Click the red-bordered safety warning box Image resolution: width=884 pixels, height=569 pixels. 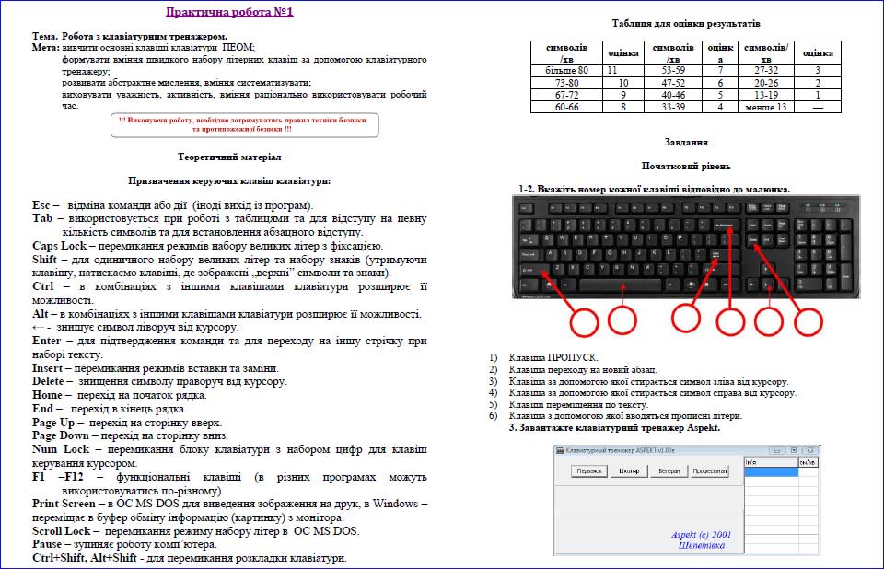[243, 125]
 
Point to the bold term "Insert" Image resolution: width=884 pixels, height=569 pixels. [52, 368]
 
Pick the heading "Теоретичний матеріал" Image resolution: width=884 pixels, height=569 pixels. [229, 157]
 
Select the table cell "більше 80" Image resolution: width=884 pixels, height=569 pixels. [566, 70]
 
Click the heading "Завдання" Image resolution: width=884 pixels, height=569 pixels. [686, 143]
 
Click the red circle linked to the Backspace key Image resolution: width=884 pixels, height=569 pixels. [730, 320]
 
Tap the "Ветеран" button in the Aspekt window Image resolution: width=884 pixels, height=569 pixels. [669, 471]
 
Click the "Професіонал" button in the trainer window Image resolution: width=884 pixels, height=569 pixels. [710, 471]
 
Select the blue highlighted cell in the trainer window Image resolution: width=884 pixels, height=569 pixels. [771, 471]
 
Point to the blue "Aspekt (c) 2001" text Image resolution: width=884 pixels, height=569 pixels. [702, 534]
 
